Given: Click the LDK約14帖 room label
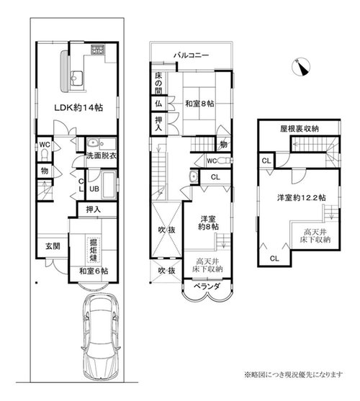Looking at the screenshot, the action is (78, 108).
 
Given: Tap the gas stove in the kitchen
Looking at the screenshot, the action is (98, 50).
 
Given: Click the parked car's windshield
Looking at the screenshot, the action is (101, 318).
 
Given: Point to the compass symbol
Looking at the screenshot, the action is (301, 67).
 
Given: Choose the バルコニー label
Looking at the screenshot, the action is (192, 55).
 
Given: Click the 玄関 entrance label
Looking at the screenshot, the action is (53, 246).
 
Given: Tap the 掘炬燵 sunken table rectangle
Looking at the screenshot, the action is (94, 250).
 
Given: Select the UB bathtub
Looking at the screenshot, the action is (109, 185).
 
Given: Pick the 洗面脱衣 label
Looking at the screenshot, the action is (102, 156).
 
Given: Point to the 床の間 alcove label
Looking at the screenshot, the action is (158, 84).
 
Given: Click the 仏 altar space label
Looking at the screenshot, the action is (158, 104).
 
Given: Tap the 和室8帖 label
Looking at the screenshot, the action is (199, 104).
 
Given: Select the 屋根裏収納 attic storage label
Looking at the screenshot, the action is (300, 129).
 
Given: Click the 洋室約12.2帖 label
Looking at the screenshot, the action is (302, 198).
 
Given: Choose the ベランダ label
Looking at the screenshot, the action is (206, 287).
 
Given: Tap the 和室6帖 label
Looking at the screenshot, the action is (94, 271).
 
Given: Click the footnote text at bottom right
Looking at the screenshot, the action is (293, 375).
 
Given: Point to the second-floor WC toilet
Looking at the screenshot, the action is (226, 161).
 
